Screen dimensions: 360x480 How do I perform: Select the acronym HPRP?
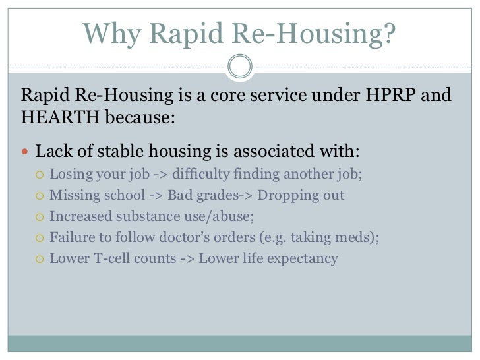[389, 98]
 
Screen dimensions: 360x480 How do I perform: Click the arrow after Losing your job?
[158, 175]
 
